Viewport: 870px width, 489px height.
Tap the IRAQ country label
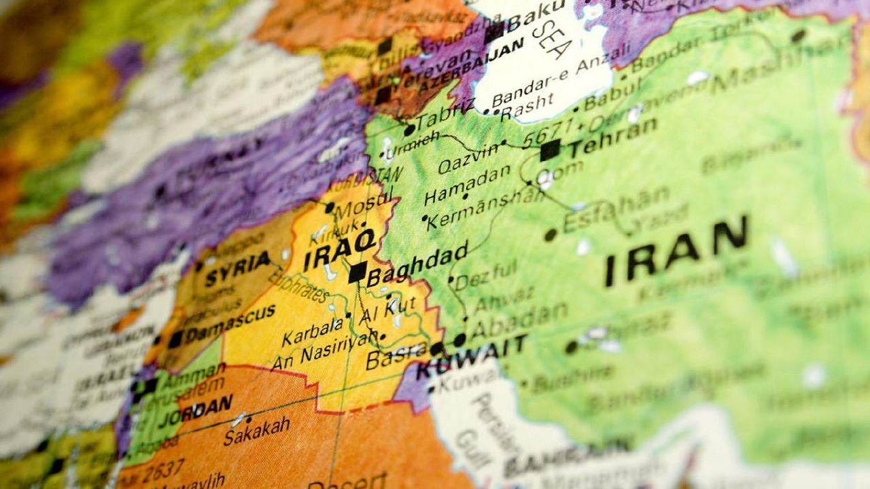click(x=339, y=249)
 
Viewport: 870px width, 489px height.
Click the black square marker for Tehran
click(x=550, y=150)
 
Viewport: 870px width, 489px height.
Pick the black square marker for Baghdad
click(x=357, y=272)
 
